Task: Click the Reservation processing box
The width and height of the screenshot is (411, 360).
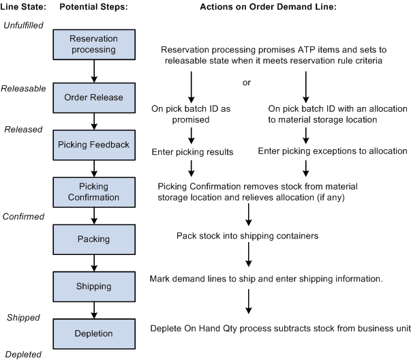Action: point(94,44)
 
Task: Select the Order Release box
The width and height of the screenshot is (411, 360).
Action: point(94,97)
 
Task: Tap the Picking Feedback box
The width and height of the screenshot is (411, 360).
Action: point(94,144)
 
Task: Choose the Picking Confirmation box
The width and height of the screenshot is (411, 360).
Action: point(94,192)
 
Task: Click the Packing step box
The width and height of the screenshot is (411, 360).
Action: point(94,239)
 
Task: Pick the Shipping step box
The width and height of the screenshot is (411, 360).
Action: point(94,287)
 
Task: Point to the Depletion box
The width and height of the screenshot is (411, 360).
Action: point(94,333)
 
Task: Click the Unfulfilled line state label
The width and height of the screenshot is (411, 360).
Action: point(22,25)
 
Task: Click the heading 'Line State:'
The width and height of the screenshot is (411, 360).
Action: point(24,6)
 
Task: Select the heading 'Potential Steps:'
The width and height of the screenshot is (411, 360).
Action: point(93,6)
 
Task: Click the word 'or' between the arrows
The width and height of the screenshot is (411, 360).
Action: point(247,82)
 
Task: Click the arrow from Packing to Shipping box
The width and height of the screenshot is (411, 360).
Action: point(94,262)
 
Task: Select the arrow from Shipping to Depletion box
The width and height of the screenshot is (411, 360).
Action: point(94,310)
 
